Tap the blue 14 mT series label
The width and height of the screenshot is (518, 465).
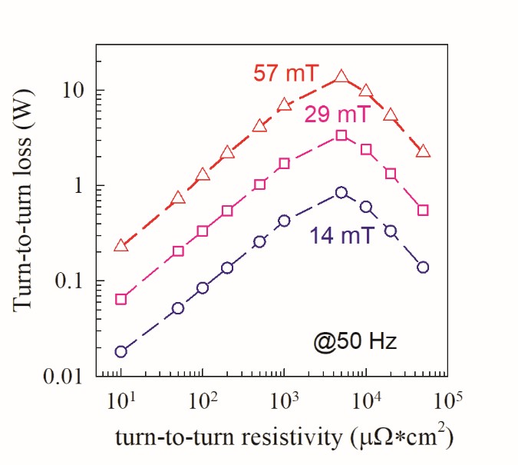coord(342,235)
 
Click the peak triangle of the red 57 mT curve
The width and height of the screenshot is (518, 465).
coord(341,77)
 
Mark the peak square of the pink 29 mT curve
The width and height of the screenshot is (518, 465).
coord(341,135)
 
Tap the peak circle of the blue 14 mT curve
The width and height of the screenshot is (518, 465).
coord(341,193)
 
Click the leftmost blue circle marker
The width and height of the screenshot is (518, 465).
coord(120,352)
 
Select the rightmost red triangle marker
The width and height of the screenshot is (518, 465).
coord(423,151)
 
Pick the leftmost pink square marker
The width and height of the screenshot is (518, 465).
coord(120,299)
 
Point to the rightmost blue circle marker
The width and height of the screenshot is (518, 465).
coord(423,267)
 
